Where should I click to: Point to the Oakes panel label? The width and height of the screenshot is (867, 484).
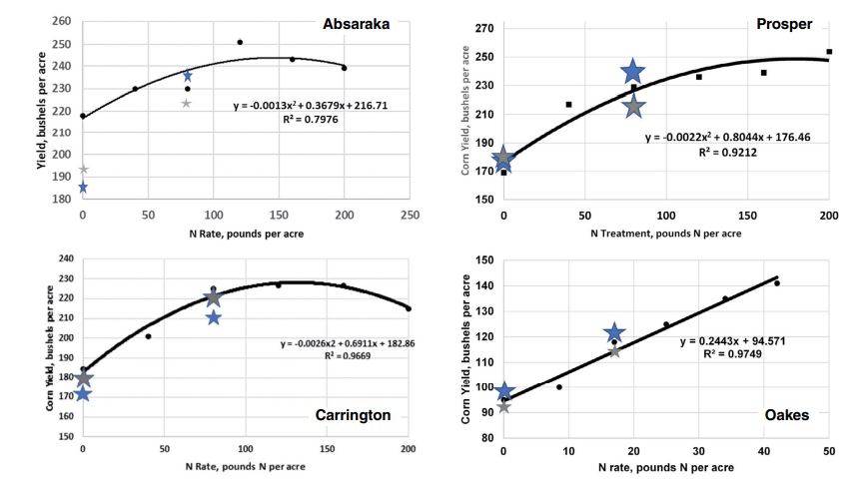(786, 414)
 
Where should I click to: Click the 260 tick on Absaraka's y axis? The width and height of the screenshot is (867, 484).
(63, 21)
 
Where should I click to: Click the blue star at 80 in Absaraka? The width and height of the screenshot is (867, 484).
(187, 76)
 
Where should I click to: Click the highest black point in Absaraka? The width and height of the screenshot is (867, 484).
(240, 42)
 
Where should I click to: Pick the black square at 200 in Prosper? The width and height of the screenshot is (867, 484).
(829, 52)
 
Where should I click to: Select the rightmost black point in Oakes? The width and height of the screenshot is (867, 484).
(776, 283)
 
